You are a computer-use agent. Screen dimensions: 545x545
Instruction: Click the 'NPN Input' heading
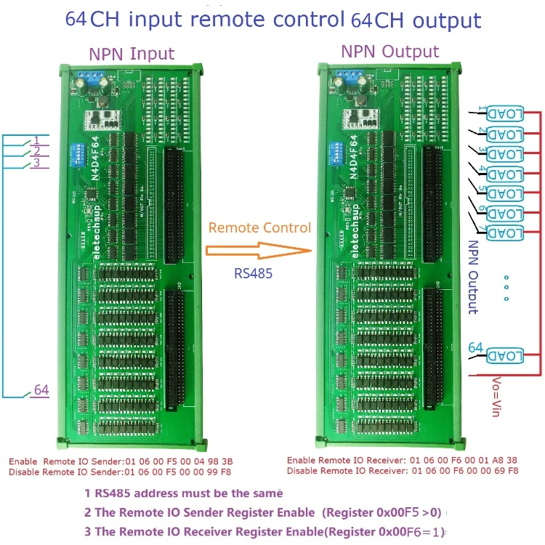(x=132, y=54)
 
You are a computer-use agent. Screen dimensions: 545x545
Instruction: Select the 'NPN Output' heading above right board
(x=390, y=52)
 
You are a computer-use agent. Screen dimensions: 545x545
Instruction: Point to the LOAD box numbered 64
(x=504, y=355)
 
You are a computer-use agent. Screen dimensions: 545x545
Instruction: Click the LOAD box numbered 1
(x=504, y=114)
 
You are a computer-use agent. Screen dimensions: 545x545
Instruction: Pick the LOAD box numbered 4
(x=504, y=174)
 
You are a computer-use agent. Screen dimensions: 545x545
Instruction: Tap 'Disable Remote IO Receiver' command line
(x=403, y=471)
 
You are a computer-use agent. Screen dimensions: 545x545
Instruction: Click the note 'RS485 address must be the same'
(x=180, y=493)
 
